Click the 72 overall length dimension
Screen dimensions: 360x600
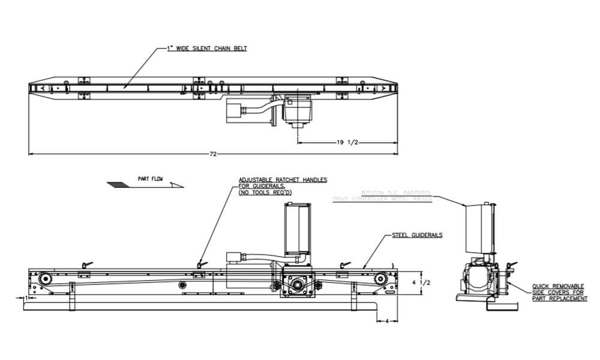[212, 154]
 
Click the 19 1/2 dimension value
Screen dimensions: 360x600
[347, 142]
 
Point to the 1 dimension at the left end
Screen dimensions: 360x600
[27, 297]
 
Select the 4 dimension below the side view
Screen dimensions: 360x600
[386, 320]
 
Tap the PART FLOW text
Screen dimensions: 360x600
[151, 179]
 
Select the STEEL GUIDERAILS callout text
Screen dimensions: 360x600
[417, 235]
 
